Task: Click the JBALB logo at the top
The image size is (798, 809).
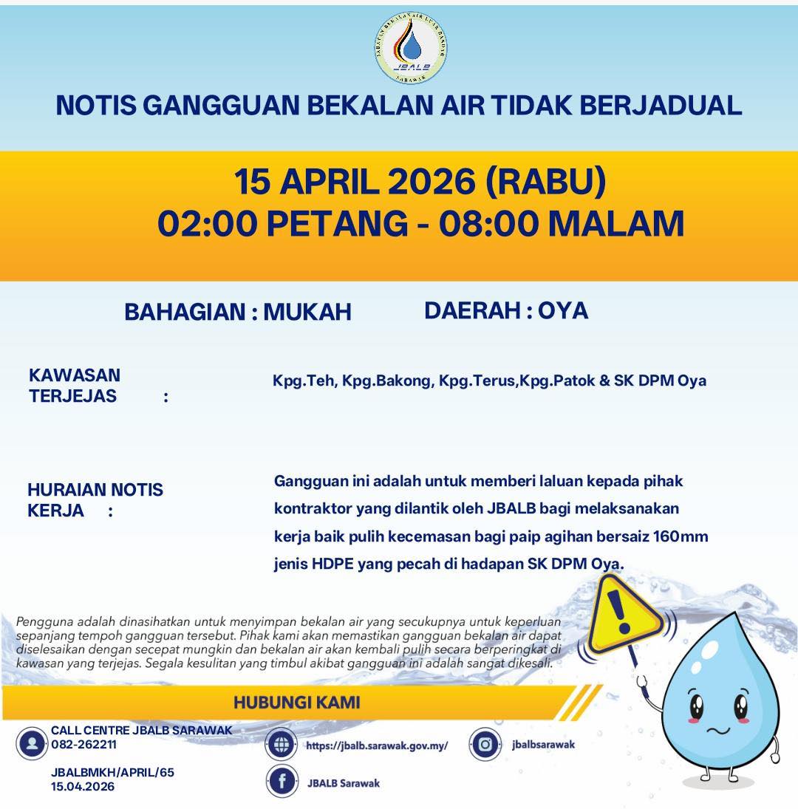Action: pos(411,48)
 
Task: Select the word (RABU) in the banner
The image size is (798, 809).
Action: pos(545,182)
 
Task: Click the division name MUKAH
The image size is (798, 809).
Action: pos(307,313)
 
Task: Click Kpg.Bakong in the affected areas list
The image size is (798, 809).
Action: pos(386,381)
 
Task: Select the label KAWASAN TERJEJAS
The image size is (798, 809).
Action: pos(74,385)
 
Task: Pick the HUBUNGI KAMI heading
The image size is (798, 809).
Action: pos(297,702)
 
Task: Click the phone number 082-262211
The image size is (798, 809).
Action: pos(83,745)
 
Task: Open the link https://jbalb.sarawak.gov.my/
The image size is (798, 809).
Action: pos(377,745)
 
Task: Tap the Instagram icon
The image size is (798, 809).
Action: pos(485,745)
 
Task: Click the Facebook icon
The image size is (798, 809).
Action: pos(282,782)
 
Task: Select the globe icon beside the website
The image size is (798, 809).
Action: pos(282,745)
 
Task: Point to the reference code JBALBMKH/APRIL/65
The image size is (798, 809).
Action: pos(112,773)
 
